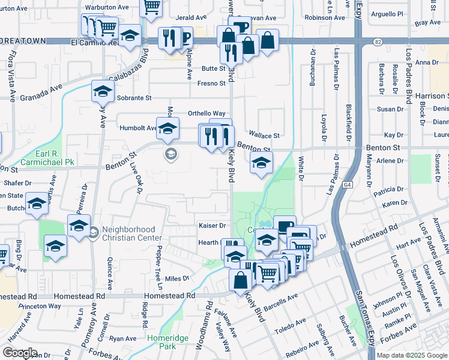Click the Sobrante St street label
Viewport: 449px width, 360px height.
tap(133, 98)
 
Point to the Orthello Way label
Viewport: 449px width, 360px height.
tap(206, 113)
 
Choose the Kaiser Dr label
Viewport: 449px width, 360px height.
tap(212, 226)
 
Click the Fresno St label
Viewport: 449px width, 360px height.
tap(211, 83)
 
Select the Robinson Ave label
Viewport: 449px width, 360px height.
tap(325, 18)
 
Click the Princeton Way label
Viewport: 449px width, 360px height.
tap(40, 306)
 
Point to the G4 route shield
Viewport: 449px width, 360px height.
tap(348, 185)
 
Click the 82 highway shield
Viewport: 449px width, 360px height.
tap(377, 41)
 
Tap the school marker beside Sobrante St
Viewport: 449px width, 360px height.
tap(103, 92)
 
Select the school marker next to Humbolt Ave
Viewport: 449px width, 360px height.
tap(167, 127)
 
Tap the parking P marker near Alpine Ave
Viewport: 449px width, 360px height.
tap(185, 37)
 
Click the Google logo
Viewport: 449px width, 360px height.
tap(20, 353)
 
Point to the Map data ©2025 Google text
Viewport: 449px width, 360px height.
tap(411, 355)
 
